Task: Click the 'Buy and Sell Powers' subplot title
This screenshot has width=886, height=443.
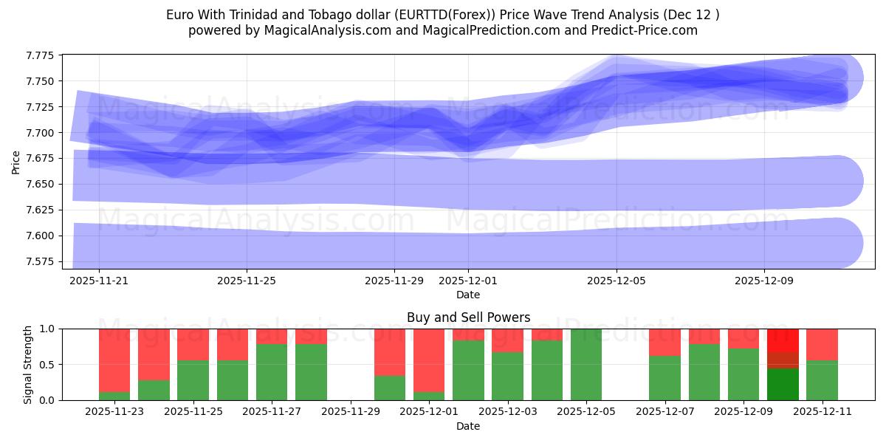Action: pyautogui.click(x=468, y=317)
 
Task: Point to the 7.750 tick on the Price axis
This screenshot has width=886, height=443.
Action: pyautogui.click(x=42, y=81)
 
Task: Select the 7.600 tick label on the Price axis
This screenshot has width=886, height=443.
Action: pyautogui.click(x=42, y=236)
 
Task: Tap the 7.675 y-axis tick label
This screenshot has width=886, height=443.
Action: pyautogui.click(x=42, y=159)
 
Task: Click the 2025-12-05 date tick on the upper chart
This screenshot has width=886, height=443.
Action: pyautogui.click(x=617, y=281)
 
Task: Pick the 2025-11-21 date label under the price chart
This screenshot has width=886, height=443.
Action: pyautogui.click(x=100, y=281)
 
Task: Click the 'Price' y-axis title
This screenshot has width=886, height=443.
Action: pyautogui.click(x=16, y=162)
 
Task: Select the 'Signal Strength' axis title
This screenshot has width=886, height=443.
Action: pyautogui.click(x=28, y=364)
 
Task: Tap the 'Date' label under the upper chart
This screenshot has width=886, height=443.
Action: pyautogui.click(x=468, y=295)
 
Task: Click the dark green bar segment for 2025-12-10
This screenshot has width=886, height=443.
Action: pyautogui.click(x=783, y=384)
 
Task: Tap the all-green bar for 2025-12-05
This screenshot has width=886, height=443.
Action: pyautogui.click(x=586, y=365)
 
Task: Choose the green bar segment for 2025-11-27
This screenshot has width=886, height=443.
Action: pyautogui.click(x=272, y=372)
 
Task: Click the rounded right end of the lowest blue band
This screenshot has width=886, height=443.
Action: pyautogui.click(x=842, y=243)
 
